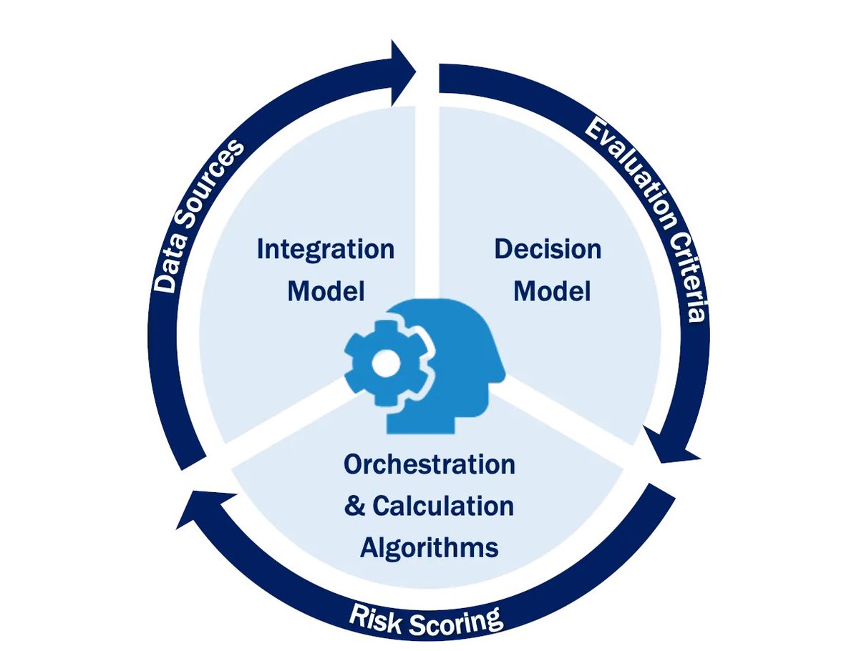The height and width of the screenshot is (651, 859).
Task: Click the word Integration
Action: pyautogui.click(x=325, y=250)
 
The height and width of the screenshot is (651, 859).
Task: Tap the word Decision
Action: pyautogui.click(x=548, y=250)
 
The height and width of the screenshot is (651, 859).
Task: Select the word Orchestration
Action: pyautogui.click(x=429, y=464)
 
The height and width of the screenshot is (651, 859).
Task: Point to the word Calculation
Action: pyautogui.click(x=443, y=506)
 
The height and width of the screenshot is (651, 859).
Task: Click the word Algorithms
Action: pyautogui.click(x=429, y=548)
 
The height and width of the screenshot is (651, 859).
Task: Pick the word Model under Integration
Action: pyautogui.click(x=326, y=291)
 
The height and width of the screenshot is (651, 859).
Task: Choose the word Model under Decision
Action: pyautogui.click(x=552, y=291)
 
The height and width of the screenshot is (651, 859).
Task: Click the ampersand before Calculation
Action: pyautogui.click(x=355, y=506)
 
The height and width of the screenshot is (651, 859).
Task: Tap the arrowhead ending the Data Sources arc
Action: pyautogui.click(x=402, y=72)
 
